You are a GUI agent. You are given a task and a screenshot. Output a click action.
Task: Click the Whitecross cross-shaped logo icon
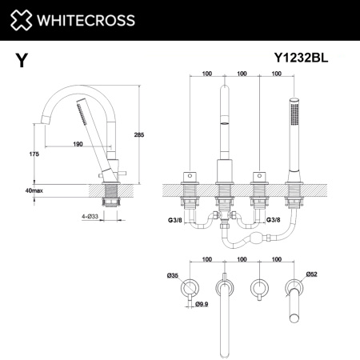22,19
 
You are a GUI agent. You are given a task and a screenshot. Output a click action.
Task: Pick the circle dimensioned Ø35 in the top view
190,286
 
